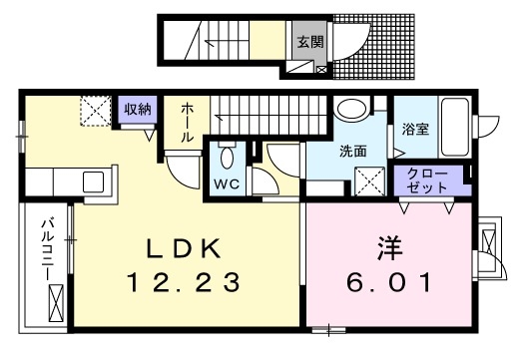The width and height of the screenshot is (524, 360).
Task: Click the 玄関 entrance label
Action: point(307,42)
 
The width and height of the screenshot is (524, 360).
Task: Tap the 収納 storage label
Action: point(137,110)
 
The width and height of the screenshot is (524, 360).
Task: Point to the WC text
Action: point(225,183)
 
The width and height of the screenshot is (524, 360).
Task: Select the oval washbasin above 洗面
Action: point(350,110)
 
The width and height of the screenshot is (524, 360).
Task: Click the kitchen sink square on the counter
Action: point(93,182)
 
